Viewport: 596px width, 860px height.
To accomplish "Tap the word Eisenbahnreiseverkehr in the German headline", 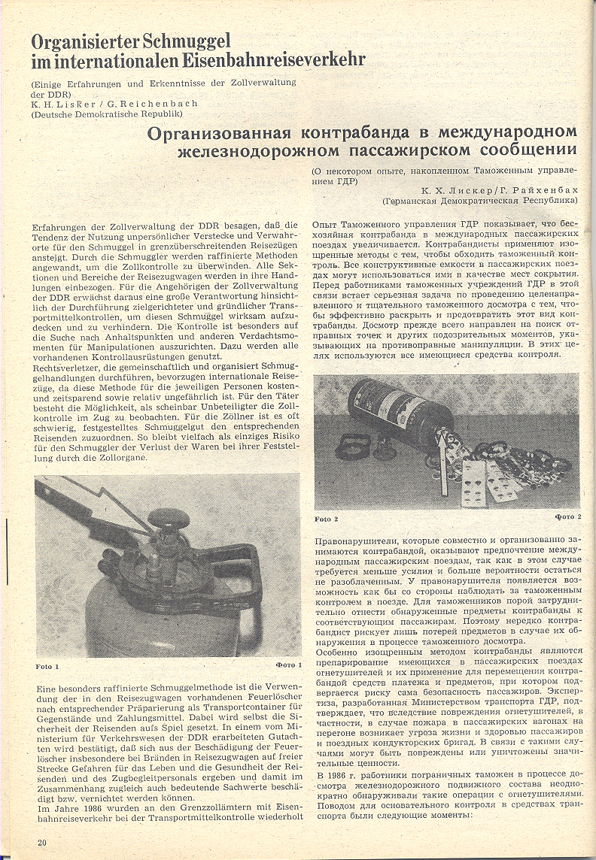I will pyautogui.click(x=271, y=59).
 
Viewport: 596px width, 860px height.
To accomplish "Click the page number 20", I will pyautogui.click(x=42, y=842).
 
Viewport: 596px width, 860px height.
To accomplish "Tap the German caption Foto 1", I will pyautogui.click(x=47, y=665).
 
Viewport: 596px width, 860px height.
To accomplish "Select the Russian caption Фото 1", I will pyautogui.click(x=288, y=665).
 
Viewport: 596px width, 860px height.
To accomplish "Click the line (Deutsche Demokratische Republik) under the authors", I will pyautogui.click(x=107, y=114).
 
